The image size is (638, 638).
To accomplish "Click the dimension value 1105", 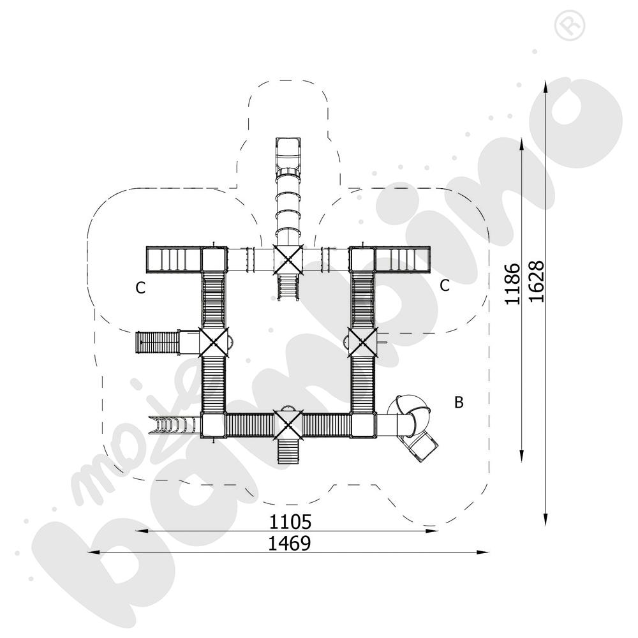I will [290, 523].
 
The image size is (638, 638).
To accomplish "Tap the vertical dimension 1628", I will [536, 281].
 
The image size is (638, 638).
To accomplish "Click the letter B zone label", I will [459, 403].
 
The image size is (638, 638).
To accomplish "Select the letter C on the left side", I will [140, 288].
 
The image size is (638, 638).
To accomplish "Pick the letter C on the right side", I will [445, 285].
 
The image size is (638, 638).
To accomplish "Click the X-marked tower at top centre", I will [288, 258].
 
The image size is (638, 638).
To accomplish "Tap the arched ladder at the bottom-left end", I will [171, 425].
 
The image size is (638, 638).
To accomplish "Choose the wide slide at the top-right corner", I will [402, 259].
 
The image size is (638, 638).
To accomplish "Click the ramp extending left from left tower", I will [158, 342].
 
